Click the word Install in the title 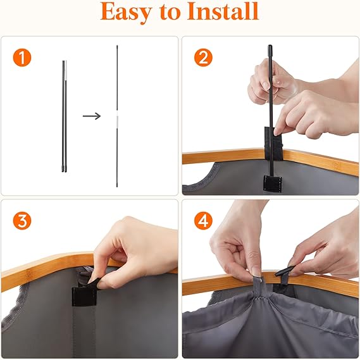pyautogui.click(x=223, y=11)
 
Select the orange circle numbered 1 pyautogui.click(x=22, y=58)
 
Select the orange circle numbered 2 pyautogui.click(x=203, y=58)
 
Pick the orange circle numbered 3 pyautogui.click(x=22, y=221)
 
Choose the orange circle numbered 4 pyautogui.click(x=203, y=221)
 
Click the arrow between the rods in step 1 pyautogui.click(x=92, y=116)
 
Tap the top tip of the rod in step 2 pyautogui.click(x=270, y=46)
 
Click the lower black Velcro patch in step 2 pyautogui.click(x=272, y=183)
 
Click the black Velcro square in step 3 pyautogui.click(x=84, y=296)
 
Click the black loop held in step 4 pyautogui.click(x=284, y=272)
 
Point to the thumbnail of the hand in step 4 pyautogui.click(x=256, y=271)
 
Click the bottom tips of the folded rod pyautogui.click(x=65, y=171)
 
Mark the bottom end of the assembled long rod pyautogui.click(x=117, y=186)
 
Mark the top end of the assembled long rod pyautogui.click(x=117, y=46)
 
